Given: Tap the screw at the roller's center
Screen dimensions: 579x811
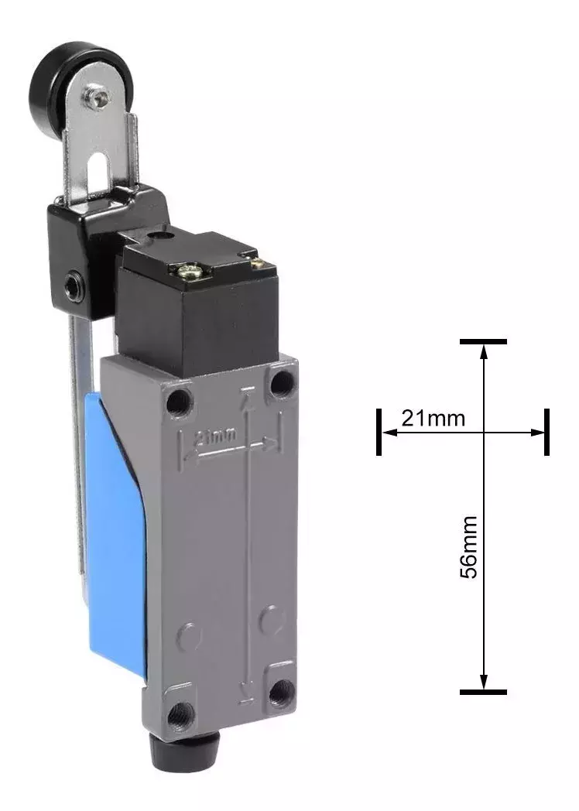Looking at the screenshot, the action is (x=99, y=94).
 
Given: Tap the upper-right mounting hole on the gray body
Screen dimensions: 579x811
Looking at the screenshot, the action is (x=282, y=383).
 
